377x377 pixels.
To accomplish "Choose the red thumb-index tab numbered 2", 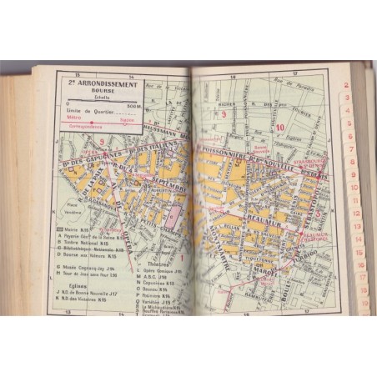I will (345, 84).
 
